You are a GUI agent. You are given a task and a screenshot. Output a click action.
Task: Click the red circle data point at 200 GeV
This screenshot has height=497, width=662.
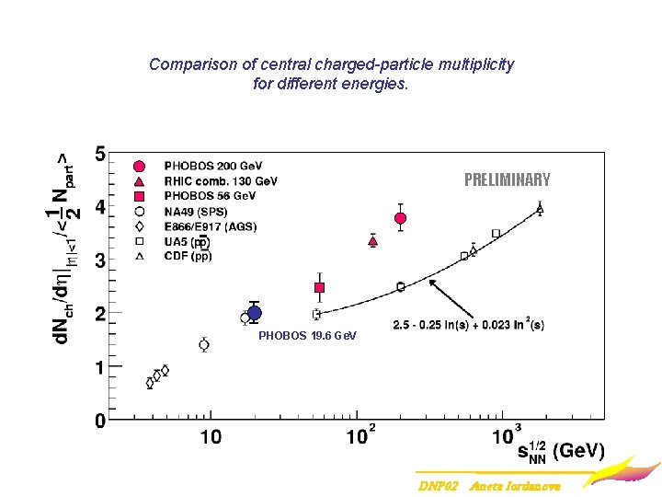(x=400, y=218)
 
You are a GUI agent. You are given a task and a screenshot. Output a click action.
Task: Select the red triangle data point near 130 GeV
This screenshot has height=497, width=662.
(x=372, y=241)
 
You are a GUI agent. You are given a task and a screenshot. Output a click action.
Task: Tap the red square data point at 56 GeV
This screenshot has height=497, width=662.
(x=319, y=288)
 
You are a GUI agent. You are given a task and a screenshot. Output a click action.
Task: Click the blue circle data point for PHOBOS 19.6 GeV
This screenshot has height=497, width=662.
(x=255, y=313)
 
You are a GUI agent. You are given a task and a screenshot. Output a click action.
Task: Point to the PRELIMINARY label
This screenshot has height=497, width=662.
(x=507, y=179)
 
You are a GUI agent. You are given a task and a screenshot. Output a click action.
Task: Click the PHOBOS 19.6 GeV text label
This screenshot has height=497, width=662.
(x=307, y=336)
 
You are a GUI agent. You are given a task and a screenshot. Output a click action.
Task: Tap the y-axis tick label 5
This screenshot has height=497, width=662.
(x=99, y=152)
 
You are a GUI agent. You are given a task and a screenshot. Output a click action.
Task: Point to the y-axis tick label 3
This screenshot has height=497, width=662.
(x=99, y=261)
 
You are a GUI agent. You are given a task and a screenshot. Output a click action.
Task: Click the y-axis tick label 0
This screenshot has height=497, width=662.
(x=99, y=422)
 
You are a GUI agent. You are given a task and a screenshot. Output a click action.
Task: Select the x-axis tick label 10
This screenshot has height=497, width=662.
(x=211, y=437)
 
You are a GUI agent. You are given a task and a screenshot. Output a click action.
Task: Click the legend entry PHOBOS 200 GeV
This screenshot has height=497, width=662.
(x=209, y=166)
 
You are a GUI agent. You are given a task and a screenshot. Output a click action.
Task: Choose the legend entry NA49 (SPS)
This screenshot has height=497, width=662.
(x=198, y=211)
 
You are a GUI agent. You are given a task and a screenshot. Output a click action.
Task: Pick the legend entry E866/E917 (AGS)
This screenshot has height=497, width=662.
(x=210, y=226)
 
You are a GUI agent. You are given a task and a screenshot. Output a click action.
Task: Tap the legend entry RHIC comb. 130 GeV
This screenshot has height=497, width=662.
(x=221, y=181)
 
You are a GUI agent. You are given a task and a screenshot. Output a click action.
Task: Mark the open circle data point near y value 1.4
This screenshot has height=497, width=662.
(x=204, y=345)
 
